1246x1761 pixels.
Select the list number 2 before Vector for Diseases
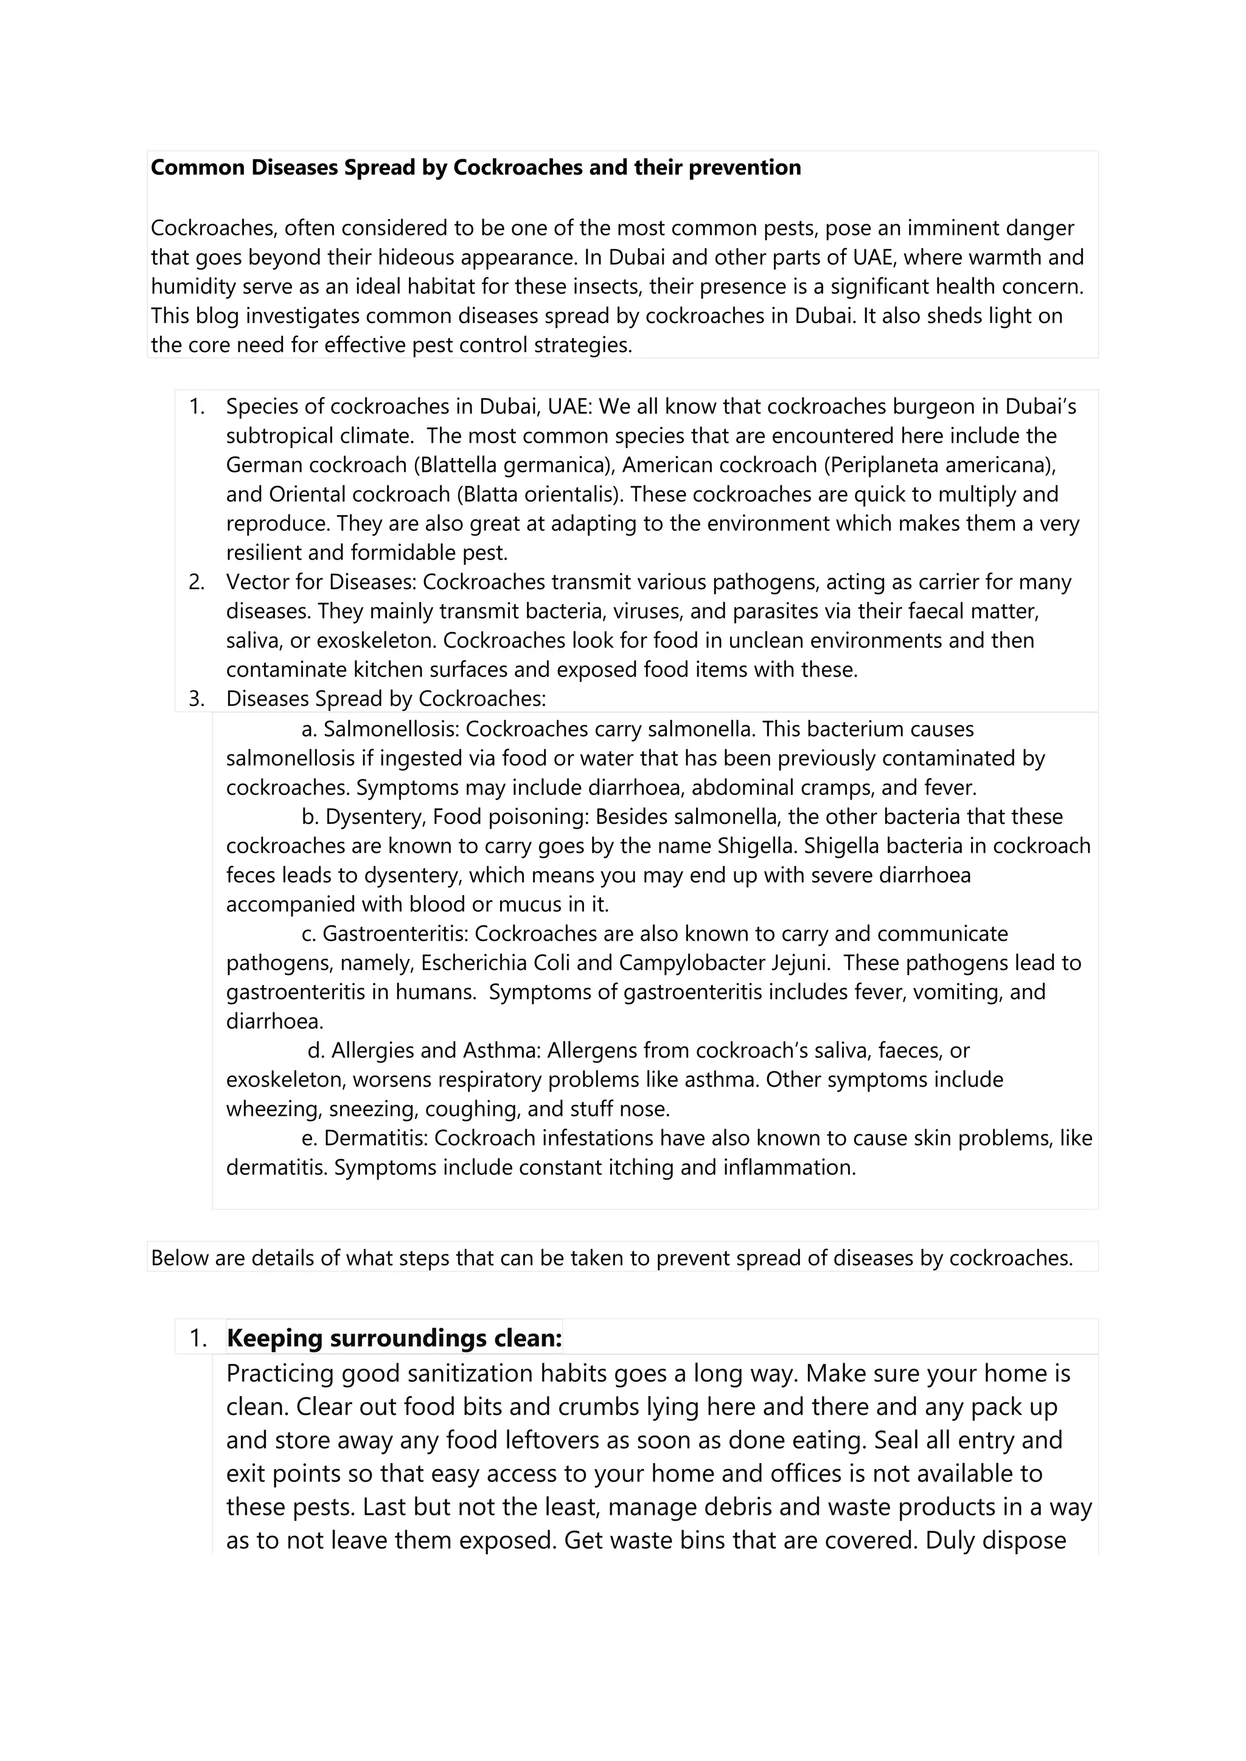tap(197, 582)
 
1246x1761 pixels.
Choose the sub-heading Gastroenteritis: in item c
tap(394, 934)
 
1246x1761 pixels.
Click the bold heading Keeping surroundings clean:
tap(394, 1338)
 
